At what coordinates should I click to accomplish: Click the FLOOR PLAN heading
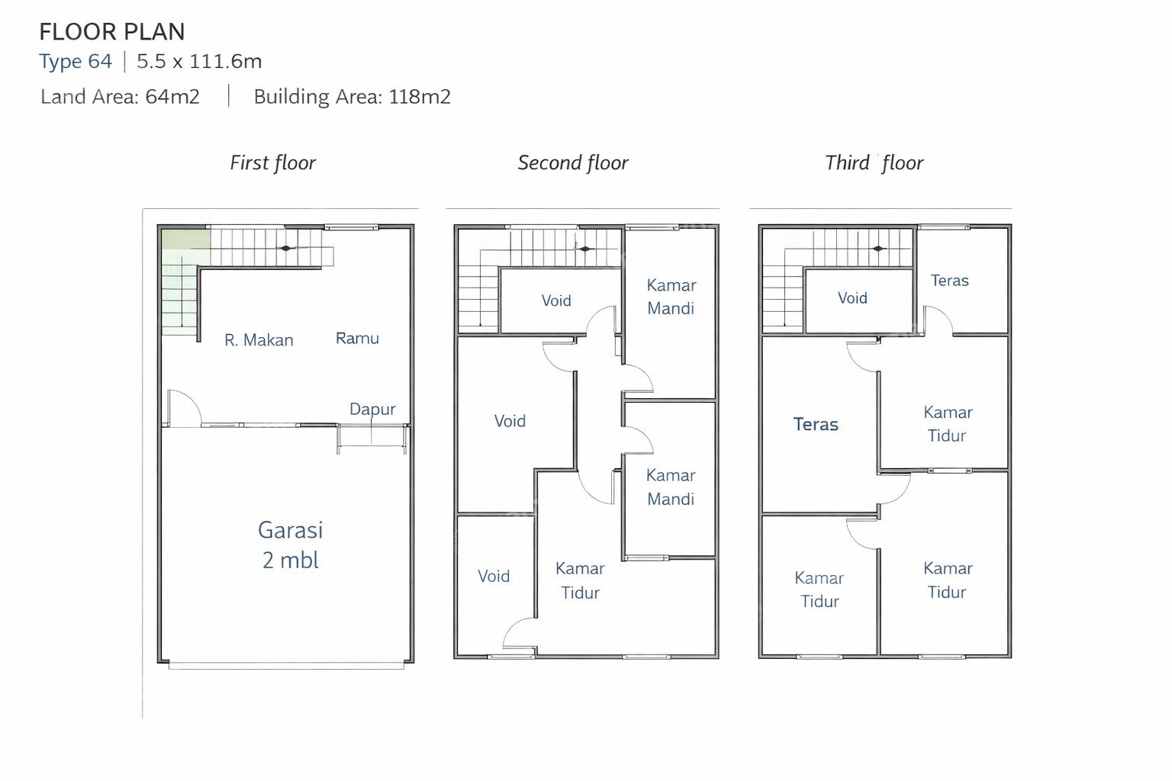112,32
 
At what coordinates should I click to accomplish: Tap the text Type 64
76,61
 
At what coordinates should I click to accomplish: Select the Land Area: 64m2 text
120,97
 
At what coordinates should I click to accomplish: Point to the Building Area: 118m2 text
352,97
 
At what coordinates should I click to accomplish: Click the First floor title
272,162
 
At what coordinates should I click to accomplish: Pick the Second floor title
573,162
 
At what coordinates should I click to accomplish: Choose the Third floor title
874,162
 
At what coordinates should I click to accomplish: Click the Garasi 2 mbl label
291,545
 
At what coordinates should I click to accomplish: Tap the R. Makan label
259,340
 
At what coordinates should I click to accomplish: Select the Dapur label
372,409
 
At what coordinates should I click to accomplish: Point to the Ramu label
357,338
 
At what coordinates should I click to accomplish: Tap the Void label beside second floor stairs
556,301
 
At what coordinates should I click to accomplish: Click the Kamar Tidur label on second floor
580,580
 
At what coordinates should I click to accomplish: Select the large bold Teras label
816,424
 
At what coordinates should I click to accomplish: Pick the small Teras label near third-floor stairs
950,281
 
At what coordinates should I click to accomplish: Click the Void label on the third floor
852,297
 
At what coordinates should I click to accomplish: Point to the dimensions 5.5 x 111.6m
199,61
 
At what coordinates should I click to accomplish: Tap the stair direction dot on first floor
285,248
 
